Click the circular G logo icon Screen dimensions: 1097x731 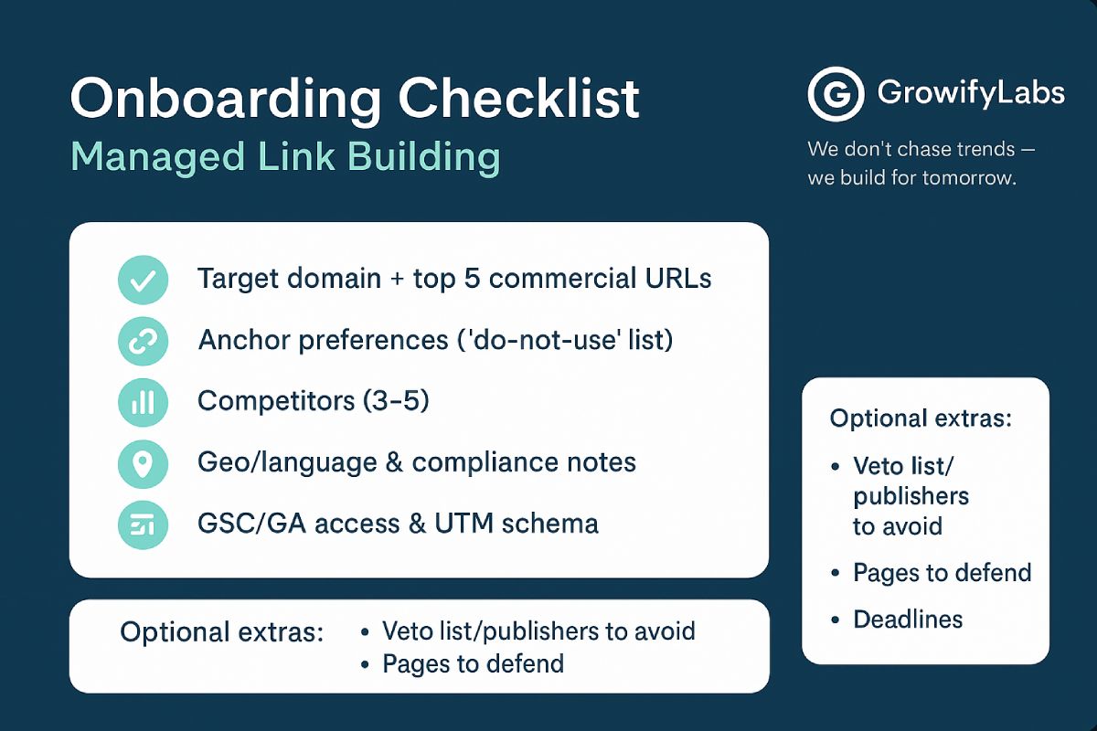click(x=836, y=94)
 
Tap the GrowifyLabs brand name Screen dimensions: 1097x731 click(x=971, y=92)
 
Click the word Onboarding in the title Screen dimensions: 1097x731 click(x=225, y=100)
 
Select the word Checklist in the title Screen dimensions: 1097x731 click(x=519, y=98)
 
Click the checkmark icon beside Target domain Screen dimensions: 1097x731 click(x=143, y=280)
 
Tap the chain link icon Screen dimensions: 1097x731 click(x=143, y=341)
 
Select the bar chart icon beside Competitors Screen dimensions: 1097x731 click(x=143, y=402)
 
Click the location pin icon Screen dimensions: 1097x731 click(x=143, y=463)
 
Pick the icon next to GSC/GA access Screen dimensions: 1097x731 click(x=143, y=524)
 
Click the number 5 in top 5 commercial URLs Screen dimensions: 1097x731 click(x=472, y=279)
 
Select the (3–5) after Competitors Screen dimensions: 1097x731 click(x=396, y=401)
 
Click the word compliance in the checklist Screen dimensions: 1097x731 click(x=485, y=463)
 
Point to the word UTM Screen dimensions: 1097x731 click(x=463, y=524)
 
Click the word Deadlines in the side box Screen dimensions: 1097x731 click(x=908, y=620)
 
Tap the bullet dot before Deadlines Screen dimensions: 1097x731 click(x=836, y=620)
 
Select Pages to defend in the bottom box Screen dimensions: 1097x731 click(x=474, y=665)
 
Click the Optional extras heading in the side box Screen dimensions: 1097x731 click(x=921, y=418)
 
